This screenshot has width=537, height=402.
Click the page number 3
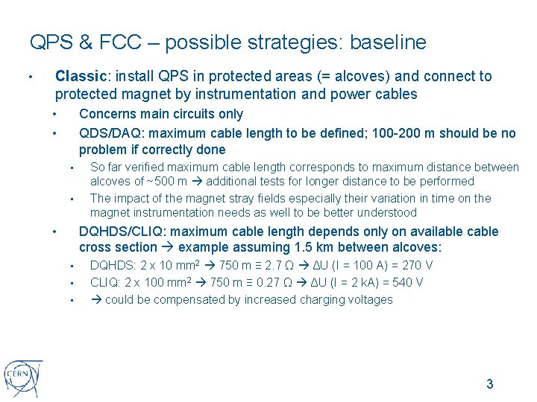(x=489, y=384)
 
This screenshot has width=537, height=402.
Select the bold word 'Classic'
(x=82, y=76)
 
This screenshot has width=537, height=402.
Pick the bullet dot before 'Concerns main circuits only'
(x=55, y=114)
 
